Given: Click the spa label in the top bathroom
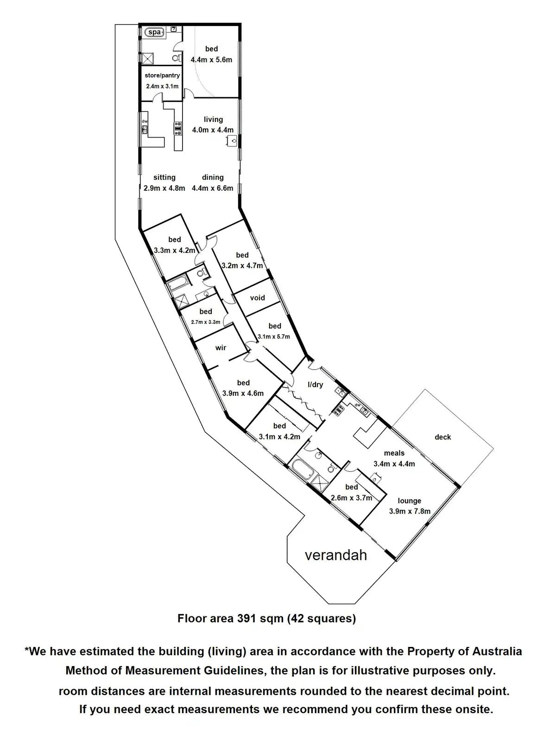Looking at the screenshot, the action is click(155, 32).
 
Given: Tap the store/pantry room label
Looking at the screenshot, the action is click(162, 75).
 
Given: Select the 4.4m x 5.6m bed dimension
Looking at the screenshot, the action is click(211, 60).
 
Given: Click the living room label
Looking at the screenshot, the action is click(213, 119).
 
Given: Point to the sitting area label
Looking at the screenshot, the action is click(164, 177).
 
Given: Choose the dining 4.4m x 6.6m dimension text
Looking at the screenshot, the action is click(213, 188).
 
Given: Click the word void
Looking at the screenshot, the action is click(257, 298).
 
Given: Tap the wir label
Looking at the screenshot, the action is click(221, 348).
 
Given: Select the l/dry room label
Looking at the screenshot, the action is click(315, 385).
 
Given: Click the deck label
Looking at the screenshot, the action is click(442, 437).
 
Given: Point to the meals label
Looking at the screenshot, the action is click(394, 453).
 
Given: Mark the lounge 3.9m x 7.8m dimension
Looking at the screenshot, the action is click(410, 511).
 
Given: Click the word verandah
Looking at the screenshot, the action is click(336, 555).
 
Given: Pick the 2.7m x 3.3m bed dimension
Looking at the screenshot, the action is click(206, 322).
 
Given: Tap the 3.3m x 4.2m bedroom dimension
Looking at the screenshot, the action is click(175, 251).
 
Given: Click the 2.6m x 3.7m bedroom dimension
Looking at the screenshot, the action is click(352, 498).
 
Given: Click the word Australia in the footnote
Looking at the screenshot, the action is click(497, 651).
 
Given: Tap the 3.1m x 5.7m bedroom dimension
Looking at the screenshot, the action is click(274, 337).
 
